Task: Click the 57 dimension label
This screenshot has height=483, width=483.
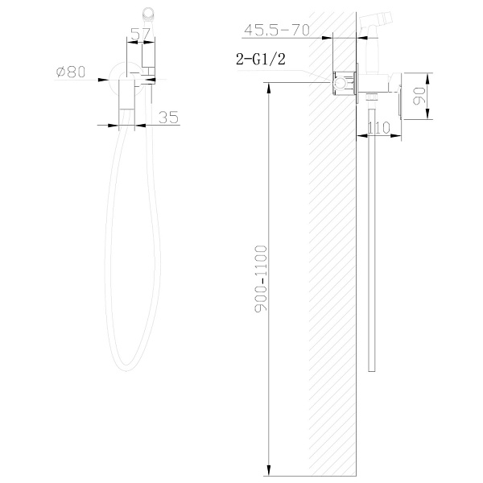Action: pos(140,34)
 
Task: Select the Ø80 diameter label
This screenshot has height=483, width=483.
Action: pos(71,72)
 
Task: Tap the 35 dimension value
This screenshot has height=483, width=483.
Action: pos(168,118)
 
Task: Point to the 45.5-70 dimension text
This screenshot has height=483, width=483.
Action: pos(277,31)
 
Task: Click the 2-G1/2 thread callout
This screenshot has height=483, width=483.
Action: pos(261,59)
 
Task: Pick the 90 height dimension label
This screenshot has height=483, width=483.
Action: pos(419,96)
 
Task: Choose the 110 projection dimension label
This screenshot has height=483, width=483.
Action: pos(379,127)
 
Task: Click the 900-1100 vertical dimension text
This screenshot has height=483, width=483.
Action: pos(261,279)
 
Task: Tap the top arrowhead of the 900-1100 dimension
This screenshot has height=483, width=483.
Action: pos(269,88)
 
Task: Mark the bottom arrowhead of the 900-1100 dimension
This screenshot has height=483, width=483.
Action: pos(269,471)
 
